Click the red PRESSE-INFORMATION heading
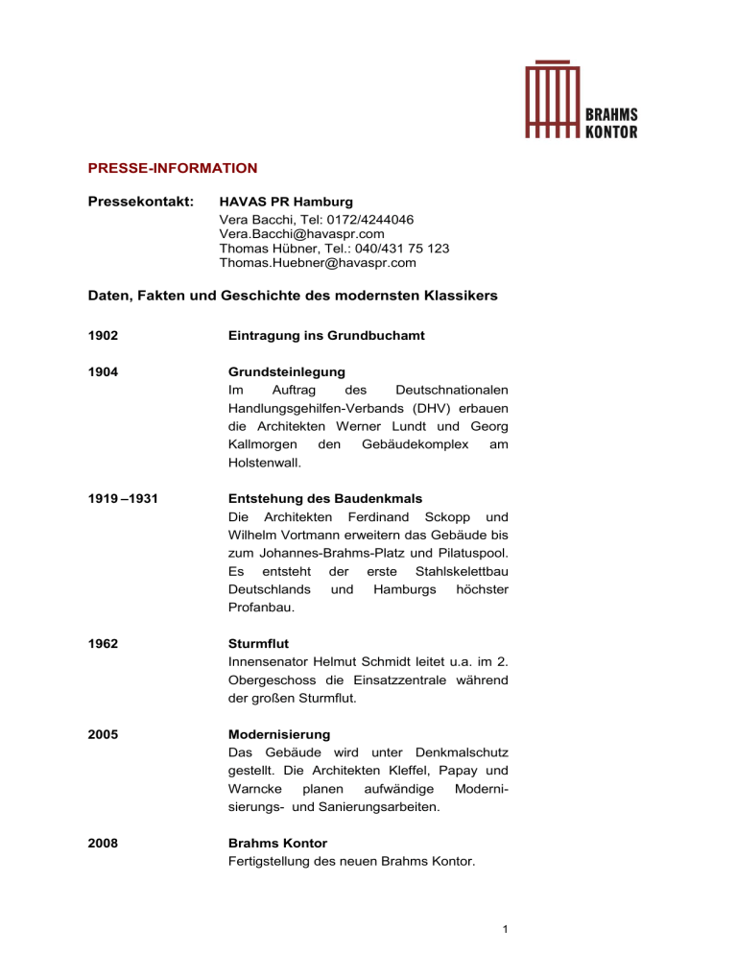pos(172,168)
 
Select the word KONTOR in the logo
pos(610,131)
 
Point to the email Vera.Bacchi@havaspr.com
pos(302,233)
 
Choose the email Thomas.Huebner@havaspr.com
pos(318,262)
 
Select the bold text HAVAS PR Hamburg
pos(286,203)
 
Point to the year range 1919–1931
pos(118,498)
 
